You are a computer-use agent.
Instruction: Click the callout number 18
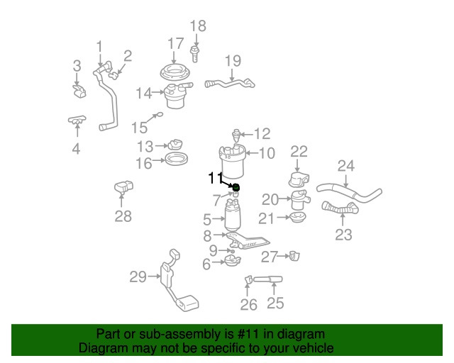(197, 26)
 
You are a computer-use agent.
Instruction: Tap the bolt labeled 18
(196, 52)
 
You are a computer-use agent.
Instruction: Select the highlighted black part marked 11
(236, 187)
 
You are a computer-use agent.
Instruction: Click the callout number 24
(345, 166)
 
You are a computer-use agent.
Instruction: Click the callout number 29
(138, 277)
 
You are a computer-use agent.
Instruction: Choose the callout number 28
(123, 216)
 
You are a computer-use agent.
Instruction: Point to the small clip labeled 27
(293, 255)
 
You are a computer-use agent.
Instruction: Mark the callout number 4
(76, 149)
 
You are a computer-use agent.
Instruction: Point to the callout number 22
(299, 151)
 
